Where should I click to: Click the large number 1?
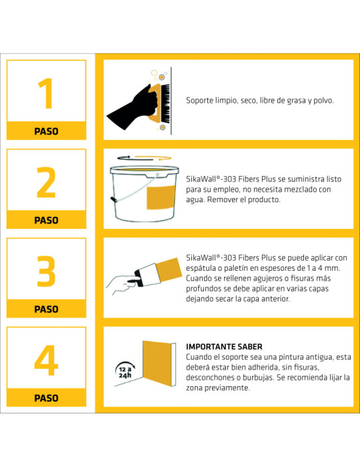pos(47,93)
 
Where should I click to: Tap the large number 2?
pos(46,182)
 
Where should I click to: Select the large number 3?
pos(46,271)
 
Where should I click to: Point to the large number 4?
pos(46,360)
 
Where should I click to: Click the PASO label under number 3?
pos(47,309)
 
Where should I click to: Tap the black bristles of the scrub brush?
pos(166,103)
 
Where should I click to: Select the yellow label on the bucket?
pos(161,197)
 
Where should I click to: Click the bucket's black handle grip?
pos(113,199)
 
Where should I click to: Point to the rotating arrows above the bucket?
pos(144,157)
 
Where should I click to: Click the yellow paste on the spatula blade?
pos(169,270)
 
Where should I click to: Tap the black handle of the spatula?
pos(137,279)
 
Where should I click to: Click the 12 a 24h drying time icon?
pos(125,370)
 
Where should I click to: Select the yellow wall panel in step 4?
pos(157,364)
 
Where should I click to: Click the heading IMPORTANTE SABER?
pos(224,347)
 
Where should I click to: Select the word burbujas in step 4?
pos(258,378)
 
